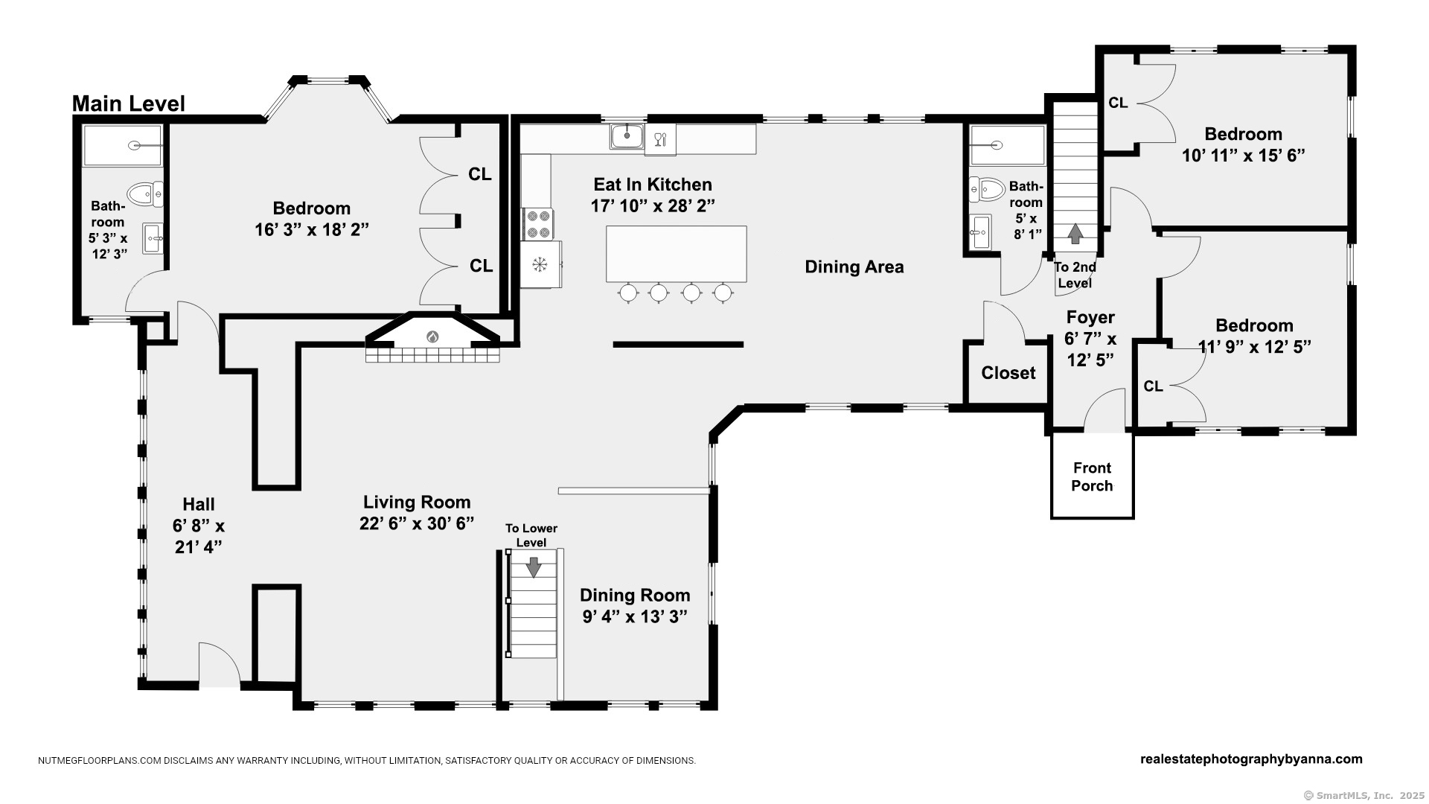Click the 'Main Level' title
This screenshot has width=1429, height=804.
(129, 103)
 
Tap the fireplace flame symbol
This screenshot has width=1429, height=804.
(432, 336)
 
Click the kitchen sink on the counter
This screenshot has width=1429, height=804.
(627, 136)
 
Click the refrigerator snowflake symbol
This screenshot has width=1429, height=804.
(540, 264)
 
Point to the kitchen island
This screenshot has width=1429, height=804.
(676, 254)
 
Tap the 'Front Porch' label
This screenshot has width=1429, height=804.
(1092, 476)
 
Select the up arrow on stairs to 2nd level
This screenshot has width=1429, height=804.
(1075, 234)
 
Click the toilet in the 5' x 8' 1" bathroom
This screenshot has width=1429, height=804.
(987, 189)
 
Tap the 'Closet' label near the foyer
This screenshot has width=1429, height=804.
(1008, 373)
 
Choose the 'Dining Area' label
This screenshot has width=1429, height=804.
(854, 267)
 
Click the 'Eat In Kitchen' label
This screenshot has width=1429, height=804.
(653, 185)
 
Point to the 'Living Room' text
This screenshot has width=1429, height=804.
(417, 502)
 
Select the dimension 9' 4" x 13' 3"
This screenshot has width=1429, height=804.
(635, 616)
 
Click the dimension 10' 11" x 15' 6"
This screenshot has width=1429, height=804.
(1244, 156)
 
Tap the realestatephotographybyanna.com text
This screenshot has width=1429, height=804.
(1251, 759)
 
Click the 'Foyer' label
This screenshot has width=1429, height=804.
(1090, 318)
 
